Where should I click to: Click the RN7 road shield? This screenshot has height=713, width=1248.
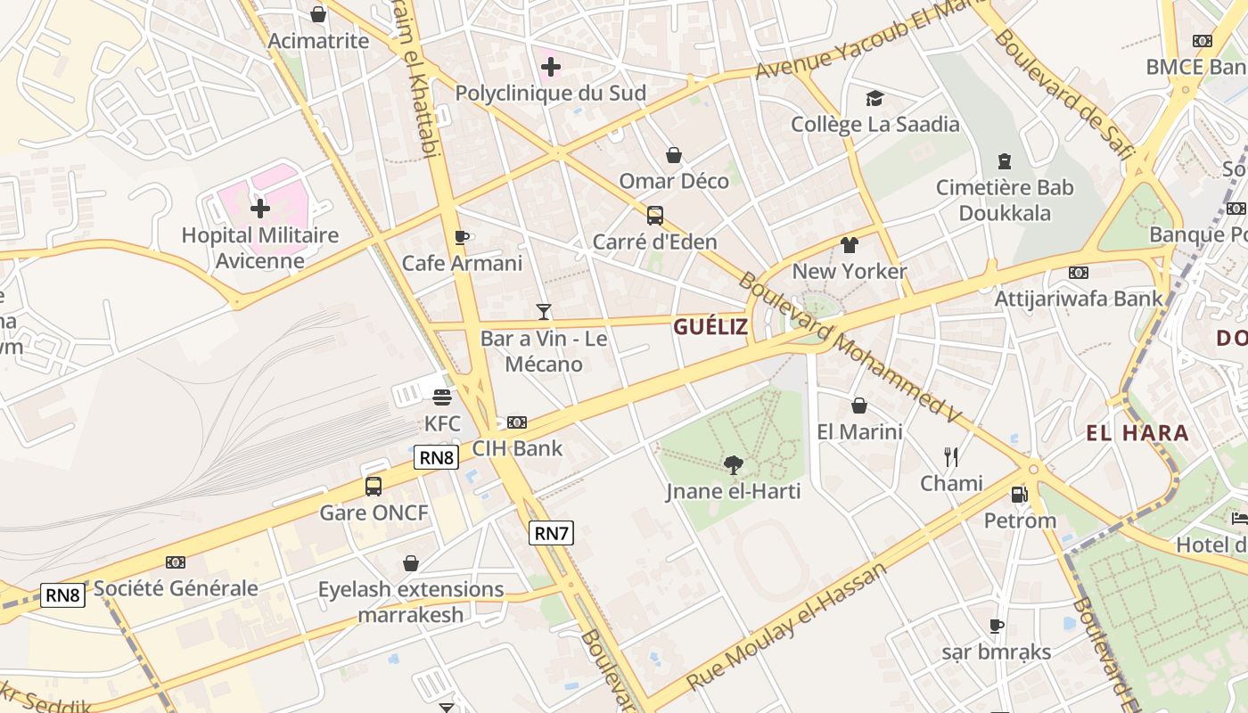[x=551, y=533]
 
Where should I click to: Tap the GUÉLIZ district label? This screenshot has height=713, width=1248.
[x=710, y=326]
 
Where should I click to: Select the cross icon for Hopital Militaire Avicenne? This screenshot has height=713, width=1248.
[x=260, y=209]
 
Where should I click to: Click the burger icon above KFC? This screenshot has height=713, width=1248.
[x=442, y=397]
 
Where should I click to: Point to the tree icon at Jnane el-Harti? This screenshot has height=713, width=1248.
[x=734, y=464]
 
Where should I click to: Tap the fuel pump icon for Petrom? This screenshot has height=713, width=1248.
[x=1019, y=494]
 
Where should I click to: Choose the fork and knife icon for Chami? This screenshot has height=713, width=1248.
[x=951, y=457]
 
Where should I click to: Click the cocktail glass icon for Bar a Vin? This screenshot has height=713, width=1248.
[x=544, y=311]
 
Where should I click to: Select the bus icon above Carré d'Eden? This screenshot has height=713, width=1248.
[x=655, y=215]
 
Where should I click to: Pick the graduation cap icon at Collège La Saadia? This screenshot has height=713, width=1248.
[x=874, y=98]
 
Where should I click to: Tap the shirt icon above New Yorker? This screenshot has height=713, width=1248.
[x=849, y=244]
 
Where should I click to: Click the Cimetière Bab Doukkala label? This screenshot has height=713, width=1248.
[x=1005, y=201]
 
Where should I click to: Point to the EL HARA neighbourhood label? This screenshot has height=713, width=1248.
[x=1137, y=433]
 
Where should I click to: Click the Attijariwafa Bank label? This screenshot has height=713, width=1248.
[x=1079, y=299]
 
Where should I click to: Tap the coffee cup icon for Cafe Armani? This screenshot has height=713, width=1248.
[x=462, y=237]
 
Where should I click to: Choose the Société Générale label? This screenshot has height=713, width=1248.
[x=176, y=588]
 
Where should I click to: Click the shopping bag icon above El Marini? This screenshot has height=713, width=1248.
[x=859, y=406]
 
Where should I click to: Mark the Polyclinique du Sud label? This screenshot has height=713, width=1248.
[x=550, y=93]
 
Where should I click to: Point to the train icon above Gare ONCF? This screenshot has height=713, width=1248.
[x=374, y=487]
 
